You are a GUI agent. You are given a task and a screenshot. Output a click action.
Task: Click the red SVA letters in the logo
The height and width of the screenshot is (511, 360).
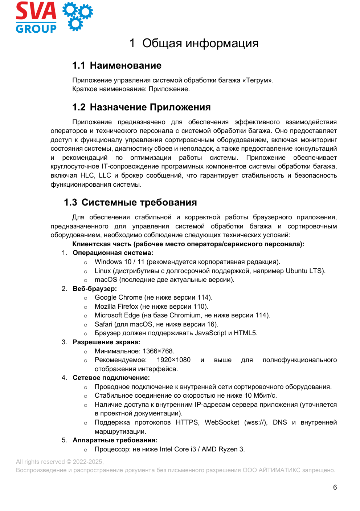pyautogui.click(x=36, y=11)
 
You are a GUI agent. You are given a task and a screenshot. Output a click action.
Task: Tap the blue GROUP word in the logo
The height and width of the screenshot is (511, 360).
pyautogui.click(x=36, y=29)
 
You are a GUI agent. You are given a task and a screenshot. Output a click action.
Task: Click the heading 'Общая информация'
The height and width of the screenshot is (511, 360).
pyautogui.click(x=200, y=43)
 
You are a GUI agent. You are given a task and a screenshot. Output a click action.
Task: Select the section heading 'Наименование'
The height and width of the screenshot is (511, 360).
pyautogui.click(x=126, y=65)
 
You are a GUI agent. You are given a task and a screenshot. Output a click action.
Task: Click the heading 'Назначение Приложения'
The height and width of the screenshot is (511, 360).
pyautogui.click(x=150, y=107)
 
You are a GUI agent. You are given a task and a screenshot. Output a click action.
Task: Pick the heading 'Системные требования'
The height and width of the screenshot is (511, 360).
pyautogui.click(x=139, y=202)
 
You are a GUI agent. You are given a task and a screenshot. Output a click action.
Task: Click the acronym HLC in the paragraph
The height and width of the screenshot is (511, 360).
pyautogui.click(x=87, y=175)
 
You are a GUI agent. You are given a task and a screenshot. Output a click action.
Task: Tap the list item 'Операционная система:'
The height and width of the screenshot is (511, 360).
pyautogui.click(x=113, y=253)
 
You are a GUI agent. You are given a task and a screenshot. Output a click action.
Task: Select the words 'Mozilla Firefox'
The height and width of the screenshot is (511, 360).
pyautogui.click(x=116, y=307)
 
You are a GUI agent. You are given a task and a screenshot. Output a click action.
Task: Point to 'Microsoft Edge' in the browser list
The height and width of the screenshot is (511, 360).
pyautogui.click(x=117, y=315)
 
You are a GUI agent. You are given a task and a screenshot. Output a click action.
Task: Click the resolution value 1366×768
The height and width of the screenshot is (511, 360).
pyautogui.click(x=158, y=351)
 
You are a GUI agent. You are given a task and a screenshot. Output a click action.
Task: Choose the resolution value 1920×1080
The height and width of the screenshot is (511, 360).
pyautogui.click(x=173, y=360)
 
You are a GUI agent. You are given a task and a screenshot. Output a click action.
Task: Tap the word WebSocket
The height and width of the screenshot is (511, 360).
pyautogui.click(x=222, y=422)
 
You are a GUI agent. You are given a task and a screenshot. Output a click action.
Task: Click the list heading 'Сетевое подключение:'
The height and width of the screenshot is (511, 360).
pyautogui.click(x=111, y=378)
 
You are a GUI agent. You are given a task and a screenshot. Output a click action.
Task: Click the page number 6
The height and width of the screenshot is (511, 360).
pyautogui.click(x=335, y=487)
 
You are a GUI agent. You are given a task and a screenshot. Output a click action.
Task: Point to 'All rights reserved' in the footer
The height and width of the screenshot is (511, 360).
pyautogui.click(x=40, y=462)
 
